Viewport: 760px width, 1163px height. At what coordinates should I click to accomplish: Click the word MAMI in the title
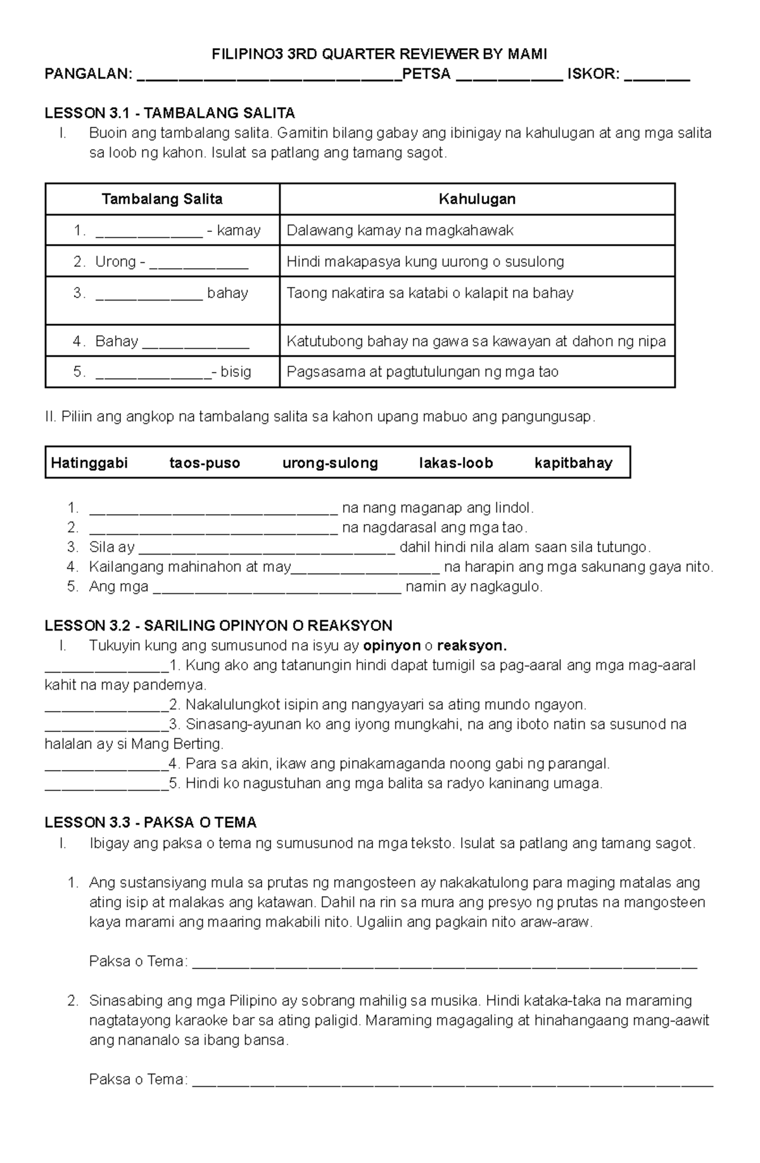527,55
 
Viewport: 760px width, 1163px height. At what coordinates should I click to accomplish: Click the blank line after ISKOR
657,75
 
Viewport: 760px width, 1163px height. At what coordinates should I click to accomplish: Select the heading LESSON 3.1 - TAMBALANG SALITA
170,113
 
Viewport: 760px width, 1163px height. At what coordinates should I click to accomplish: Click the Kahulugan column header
477,199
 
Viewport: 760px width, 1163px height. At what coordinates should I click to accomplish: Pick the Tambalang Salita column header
162,199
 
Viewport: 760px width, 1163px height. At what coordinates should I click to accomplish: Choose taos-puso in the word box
205,463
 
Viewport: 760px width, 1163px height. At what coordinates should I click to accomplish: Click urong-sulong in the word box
330,463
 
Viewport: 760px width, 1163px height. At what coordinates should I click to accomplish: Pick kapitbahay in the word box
573,463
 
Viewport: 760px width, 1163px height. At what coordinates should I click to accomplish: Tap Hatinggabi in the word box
89,463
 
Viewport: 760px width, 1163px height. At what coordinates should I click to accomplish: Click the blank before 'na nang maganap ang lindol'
213,509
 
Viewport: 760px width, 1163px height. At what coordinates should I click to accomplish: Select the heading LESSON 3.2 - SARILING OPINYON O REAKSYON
218,626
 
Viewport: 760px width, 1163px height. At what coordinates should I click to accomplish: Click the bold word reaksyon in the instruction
472,646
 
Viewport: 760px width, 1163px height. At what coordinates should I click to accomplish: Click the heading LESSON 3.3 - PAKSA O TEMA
151,823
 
